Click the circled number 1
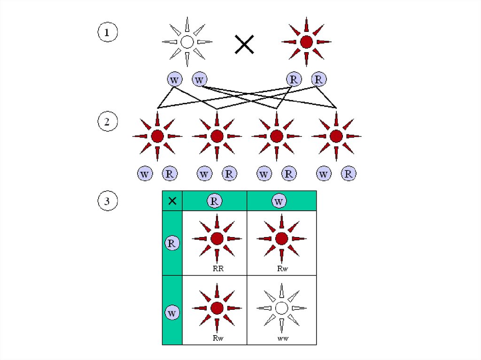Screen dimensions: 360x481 tap(107, 33)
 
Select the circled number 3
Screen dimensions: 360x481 tap(107, 202)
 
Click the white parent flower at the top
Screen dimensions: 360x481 tap(187, 42)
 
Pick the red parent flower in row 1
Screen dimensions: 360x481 tap(306, 42)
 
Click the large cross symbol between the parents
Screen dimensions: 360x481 tap(244, 45)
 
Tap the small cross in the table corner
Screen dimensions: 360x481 tap(172, 201)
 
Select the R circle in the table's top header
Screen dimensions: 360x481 tap(214, 201)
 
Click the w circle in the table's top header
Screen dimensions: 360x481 tap(279, 201)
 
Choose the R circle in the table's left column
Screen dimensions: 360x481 tap(172, 243)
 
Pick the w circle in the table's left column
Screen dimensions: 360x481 tap(172, 313)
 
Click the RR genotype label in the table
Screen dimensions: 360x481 tap(217, 269)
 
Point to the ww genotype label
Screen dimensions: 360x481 tap(282, 338)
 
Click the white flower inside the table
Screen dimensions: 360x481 tap(281, 308)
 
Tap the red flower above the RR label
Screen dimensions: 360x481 tap(217, 239)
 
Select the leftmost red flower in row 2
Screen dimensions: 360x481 tap(157, 136)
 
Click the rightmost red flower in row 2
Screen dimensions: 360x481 tap(336, 136)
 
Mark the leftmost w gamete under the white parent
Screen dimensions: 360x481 tap(175, 79)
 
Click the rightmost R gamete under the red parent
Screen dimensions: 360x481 tap(319, 79)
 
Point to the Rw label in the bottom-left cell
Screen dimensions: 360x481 tap(217, 338)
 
